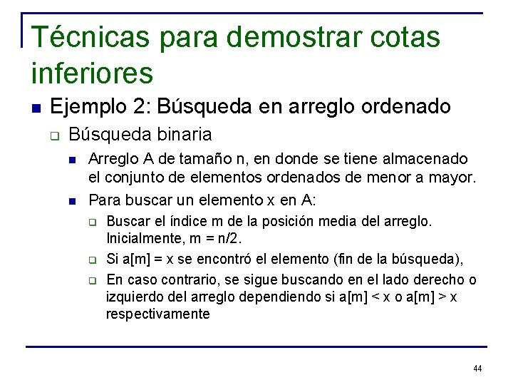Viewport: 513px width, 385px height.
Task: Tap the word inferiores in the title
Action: [x=93, y=72]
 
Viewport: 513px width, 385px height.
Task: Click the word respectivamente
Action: [x=158, y=314]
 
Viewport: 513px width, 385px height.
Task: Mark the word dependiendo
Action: [x=289, y=297]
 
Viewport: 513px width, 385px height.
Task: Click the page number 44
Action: [x=477, y=369]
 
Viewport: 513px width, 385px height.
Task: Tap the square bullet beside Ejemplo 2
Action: [x=36, y=108]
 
